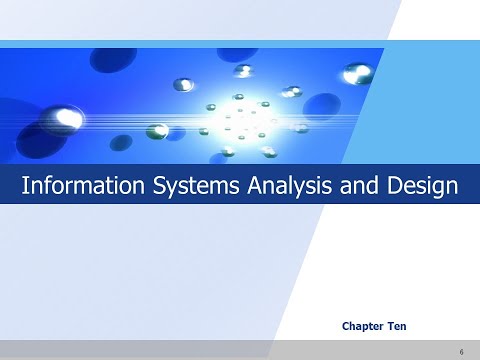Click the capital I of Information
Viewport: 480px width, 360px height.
pos(25,186)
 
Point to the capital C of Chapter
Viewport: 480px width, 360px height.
pos(346,326)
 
